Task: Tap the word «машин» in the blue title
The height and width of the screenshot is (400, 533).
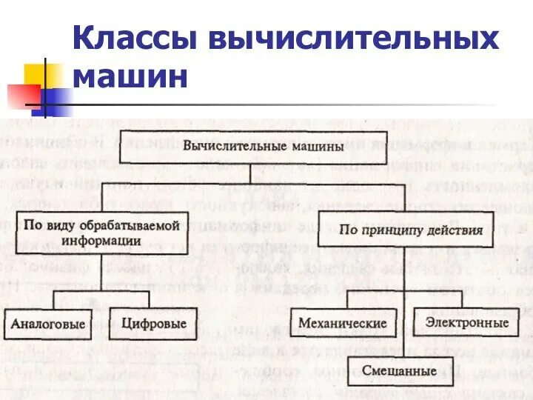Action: [x=130, y=76]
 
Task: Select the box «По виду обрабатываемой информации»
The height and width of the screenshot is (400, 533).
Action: [x=102, y=233]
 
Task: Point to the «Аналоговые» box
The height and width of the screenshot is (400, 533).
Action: [x=47, y=324]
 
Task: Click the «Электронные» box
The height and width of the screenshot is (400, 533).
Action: [x=466, y=323]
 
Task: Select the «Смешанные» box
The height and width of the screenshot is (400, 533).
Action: [x=400, y=371]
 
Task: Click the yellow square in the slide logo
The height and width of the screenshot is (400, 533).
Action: [x=42, y=75]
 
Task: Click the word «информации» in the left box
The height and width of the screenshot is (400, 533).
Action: [x=102, y=241]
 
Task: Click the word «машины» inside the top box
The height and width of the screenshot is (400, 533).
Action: [x=311, y=147]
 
